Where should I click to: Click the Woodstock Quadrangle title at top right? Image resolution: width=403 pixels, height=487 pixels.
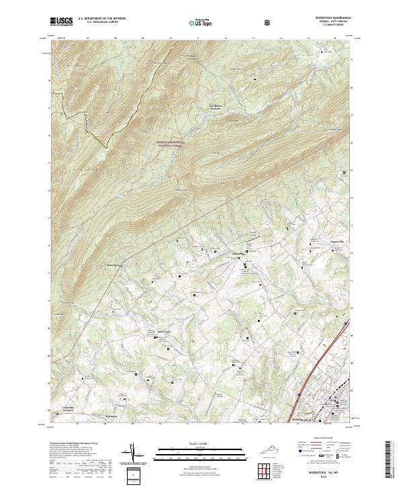pos(328,18)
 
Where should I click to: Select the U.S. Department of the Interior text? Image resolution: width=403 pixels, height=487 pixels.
pos(101,19)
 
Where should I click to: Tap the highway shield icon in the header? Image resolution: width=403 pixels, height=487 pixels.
pos(269,22)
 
